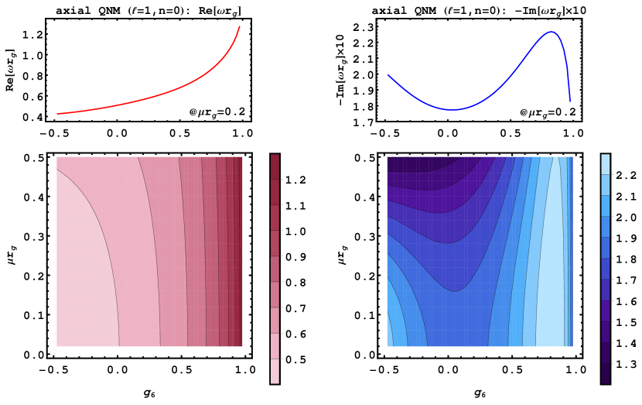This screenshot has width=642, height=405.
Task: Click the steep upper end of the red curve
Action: (239, 27)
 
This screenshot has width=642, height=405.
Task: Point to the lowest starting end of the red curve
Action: (58, 114)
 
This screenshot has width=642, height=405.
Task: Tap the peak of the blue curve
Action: (552, 32)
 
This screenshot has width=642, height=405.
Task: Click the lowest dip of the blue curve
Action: (452, 110)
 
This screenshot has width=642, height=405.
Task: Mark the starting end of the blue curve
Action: (388, 75)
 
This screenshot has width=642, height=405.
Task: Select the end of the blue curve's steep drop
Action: (570, 101)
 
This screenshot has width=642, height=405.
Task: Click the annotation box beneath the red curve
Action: (217, 113)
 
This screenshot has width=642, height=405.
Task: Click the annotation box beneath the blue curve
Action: (548, 113)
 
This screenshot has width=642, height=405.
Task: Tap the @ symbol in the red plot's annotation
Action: (193, 113)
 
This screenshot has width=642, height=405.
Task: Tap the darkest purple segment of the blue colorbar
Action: (605, 373)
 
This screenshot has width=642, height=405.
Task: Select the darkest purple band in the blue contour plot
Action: (406, 163)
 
